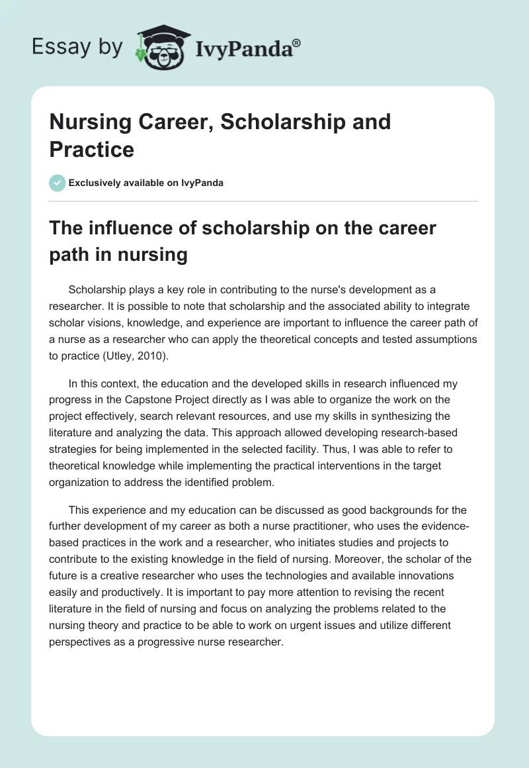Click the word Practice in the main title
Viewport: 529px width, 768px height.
pyautogui.click(x=92, y=149)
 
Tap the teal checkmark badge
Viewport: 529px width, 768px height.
pyautogui.click(x=58, y=183)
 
